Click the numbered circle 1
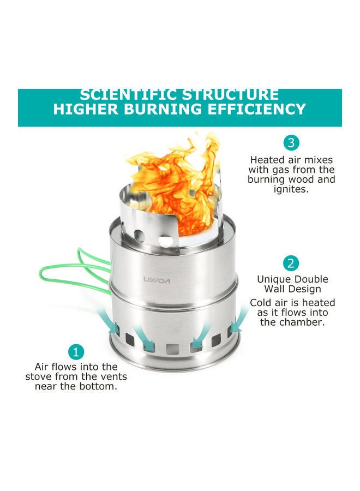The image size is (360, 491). click(x=76, y=351)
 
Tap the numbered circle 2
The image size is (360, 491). click(x=291, y=264)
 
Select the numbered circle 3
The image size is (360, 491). click(x=291, y=143)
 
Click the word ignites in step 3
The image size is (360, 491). click(x=291, y=189)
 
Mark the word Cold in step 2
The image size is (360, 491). click(x=261, y=302)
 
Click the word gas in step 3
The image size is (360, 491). click(x=290, y=170)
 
